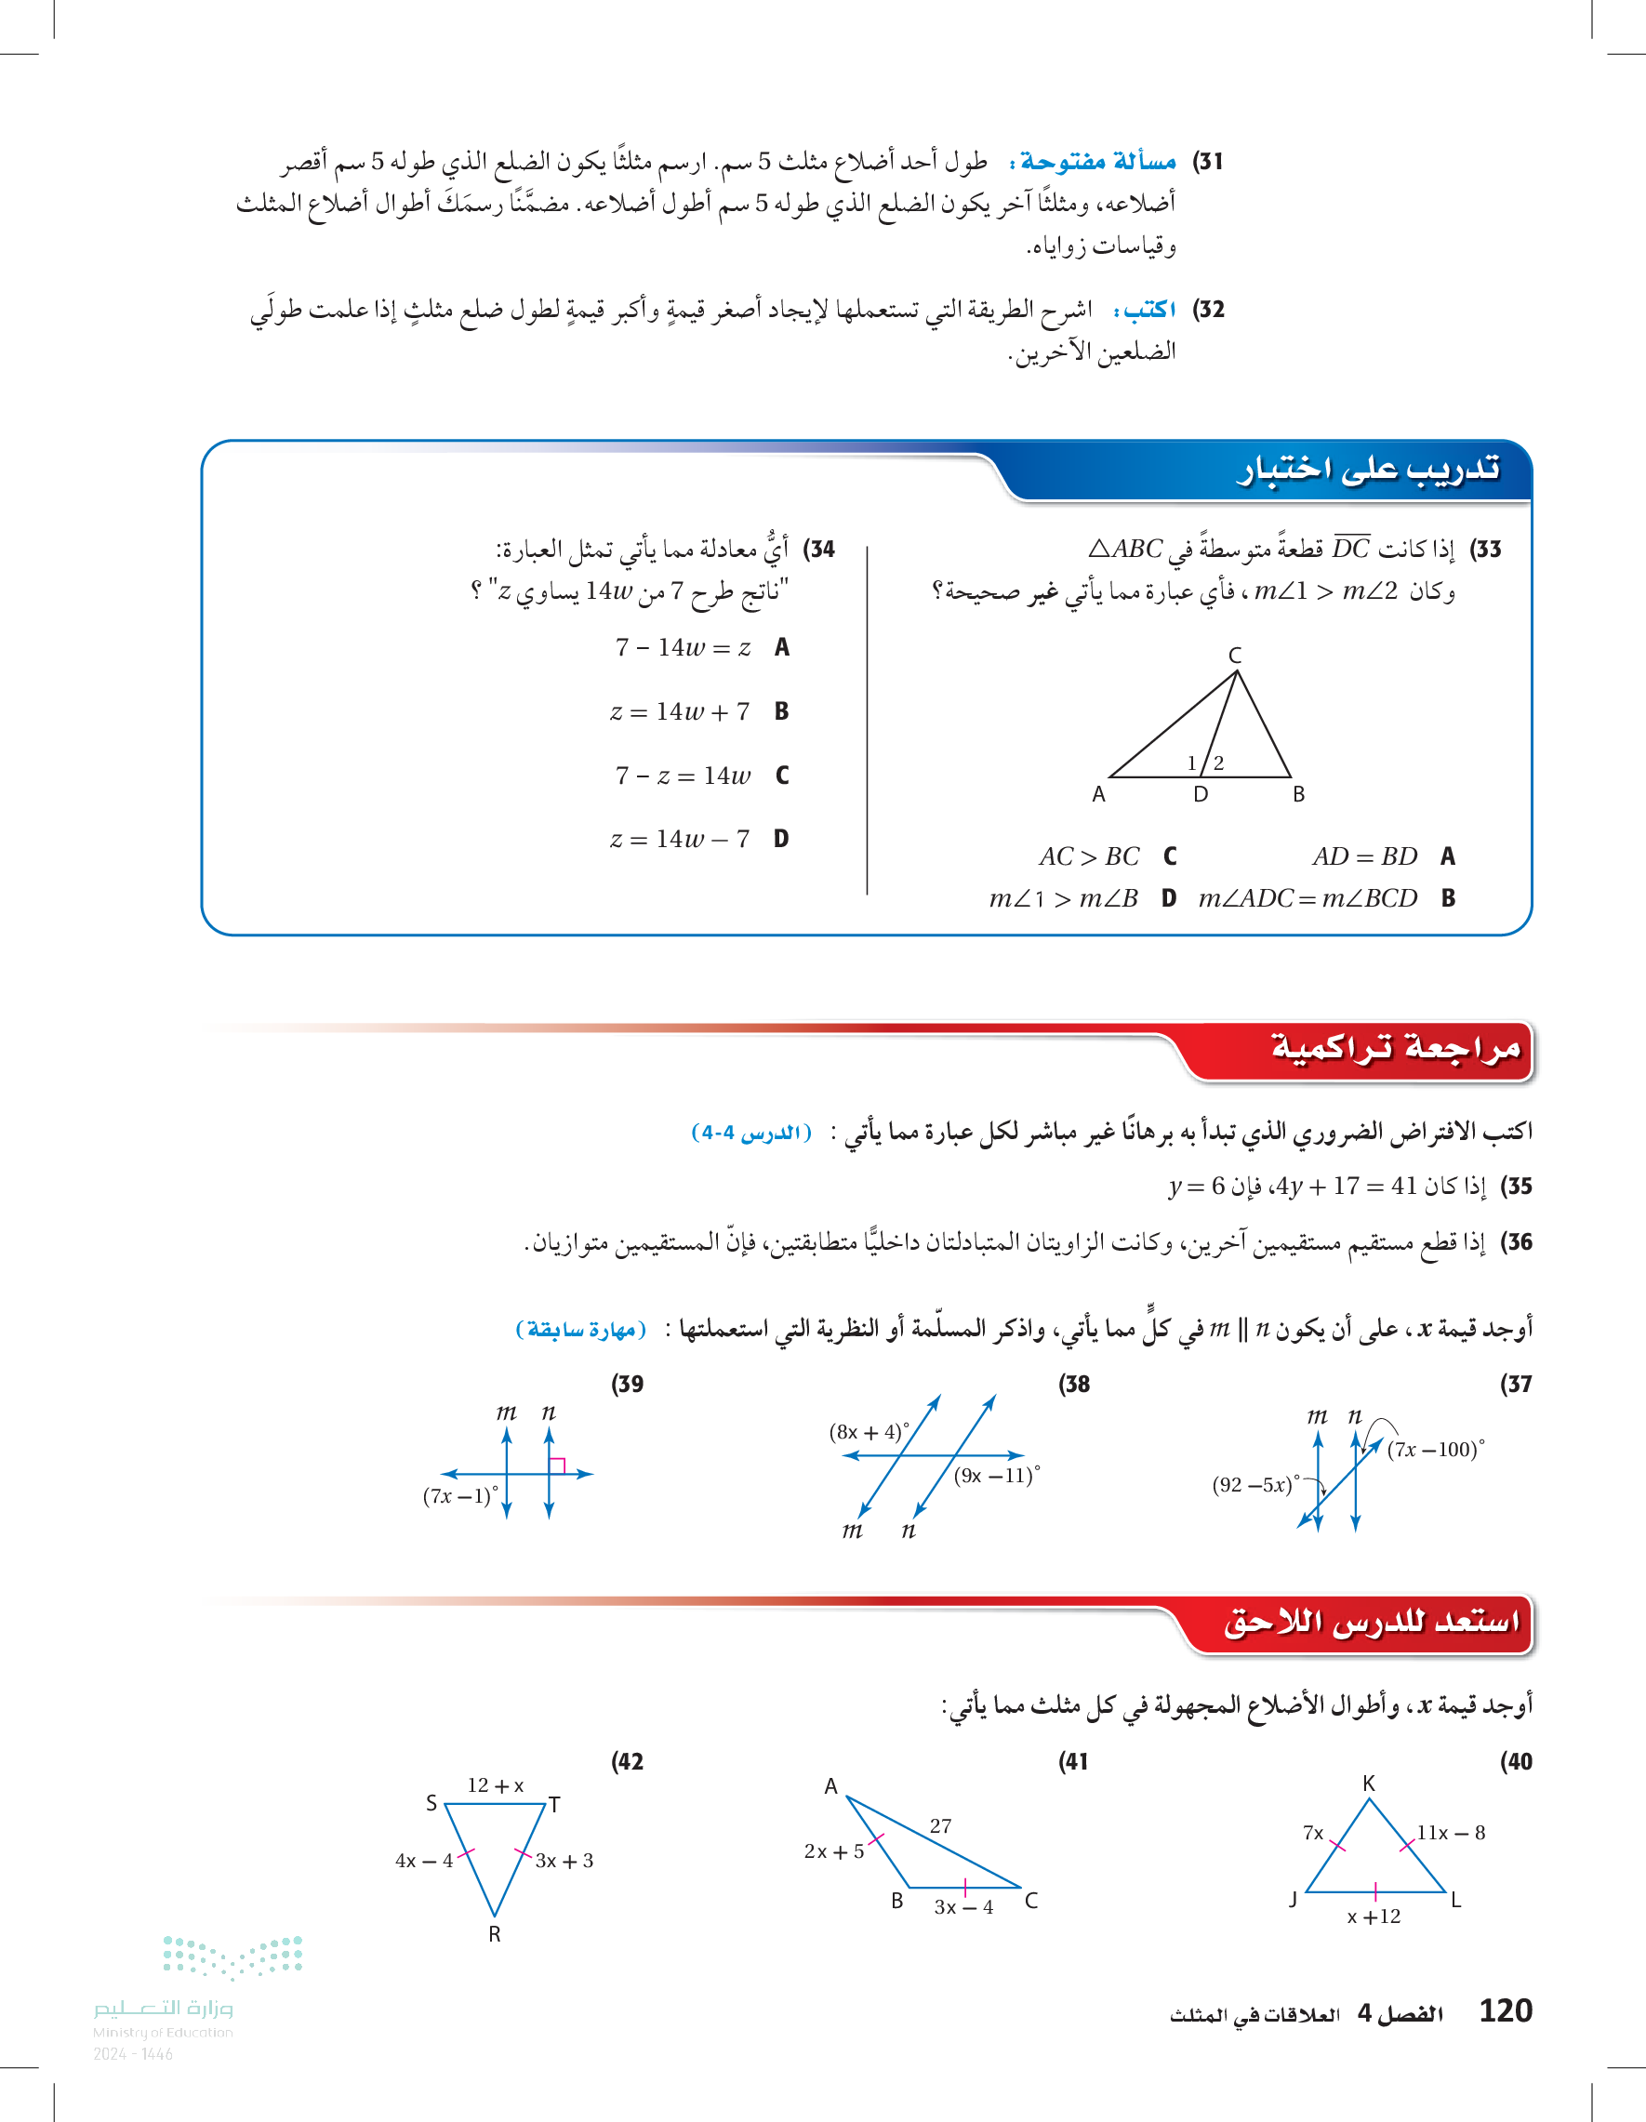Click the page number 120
point(1505,2010)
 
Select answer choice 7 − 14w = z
point(684,648)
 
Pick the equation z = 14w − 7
point(680,840)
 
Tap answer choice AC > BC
point(1089,857)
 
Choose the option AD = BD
point(1364,857)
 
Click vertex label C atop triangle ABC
point(1235,656)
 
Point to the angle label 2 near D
point(1218,763)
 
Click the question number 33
point(1486,550)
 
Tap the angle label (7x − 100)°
point(1435,1450)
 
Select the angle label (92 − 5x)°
point(1255,1485)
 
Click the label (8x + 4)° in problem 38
point(869,1432)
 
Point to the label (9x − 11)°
point(996,1476)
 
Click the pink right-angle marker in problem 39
point(558,1466)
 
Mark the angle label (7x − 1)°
point(459,1496)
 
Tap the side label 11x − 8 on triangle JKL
point(1450,1834)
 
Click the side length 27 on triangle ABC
point(939,1826)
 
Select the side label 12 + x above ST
point(496,1785)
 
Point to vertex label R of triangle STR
point(495,1934)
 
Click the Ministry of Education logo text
point(164,2009)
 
